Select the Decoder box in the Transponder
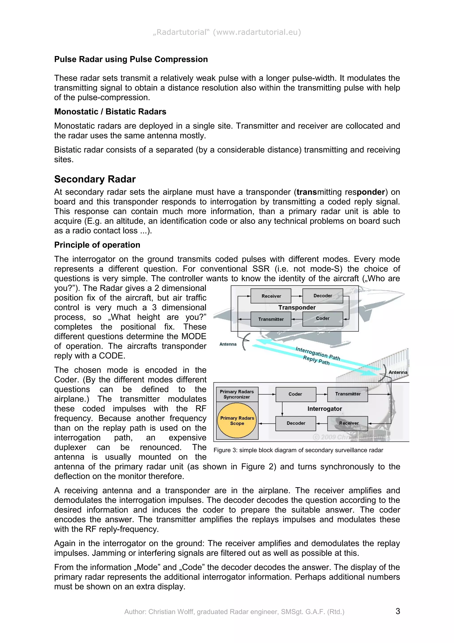(323, 296)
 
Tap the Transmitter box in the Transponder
(270, 319)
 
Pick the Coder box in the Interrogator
(295, 394)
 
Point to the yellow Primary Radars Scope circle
(237, 421)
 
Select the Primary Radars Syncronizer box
(237, 394)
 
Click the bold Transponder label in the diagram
(297, 308)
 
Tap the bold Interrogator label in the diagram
(325, 409)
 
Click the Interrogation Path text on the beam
(318, 353)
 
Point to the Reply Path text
(316, 360)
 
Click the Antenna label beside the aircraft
(228, 344)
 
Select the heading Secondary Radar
(95, 179)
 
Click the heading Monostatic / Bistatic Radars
(110, 112)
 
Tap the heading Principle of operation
(97, 245)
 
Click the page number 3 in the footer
(397, 611)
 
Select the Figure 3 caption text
(298, 450)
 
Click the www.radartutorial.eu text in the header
(257, 32)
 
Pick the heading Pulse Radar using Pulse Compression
(131, 59)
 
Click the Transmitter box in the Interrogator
(347, 394)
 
